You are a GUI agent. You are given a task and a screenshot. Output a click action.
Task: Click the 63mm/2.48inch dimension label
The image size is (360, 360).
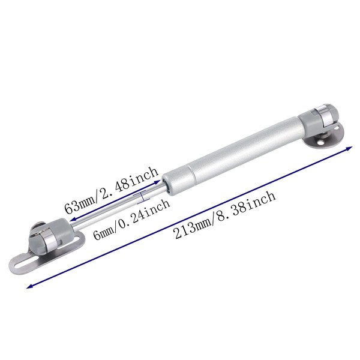click(112, 190)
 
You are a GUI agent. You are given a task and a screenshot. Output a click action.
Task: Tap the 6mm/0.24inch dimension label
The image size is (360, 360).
click(131, 220)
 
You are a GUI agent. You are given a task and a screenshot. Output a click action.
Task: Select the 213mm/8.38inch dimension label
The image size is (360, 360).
click(225, 215)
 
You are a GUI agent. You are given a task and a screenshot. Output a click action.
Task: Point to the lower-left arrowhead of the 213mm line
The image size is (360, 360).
click(29, 286)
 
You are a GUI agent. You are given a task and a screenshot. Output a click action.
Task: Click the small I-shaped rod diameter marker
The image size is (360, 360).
click(143, 197)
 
